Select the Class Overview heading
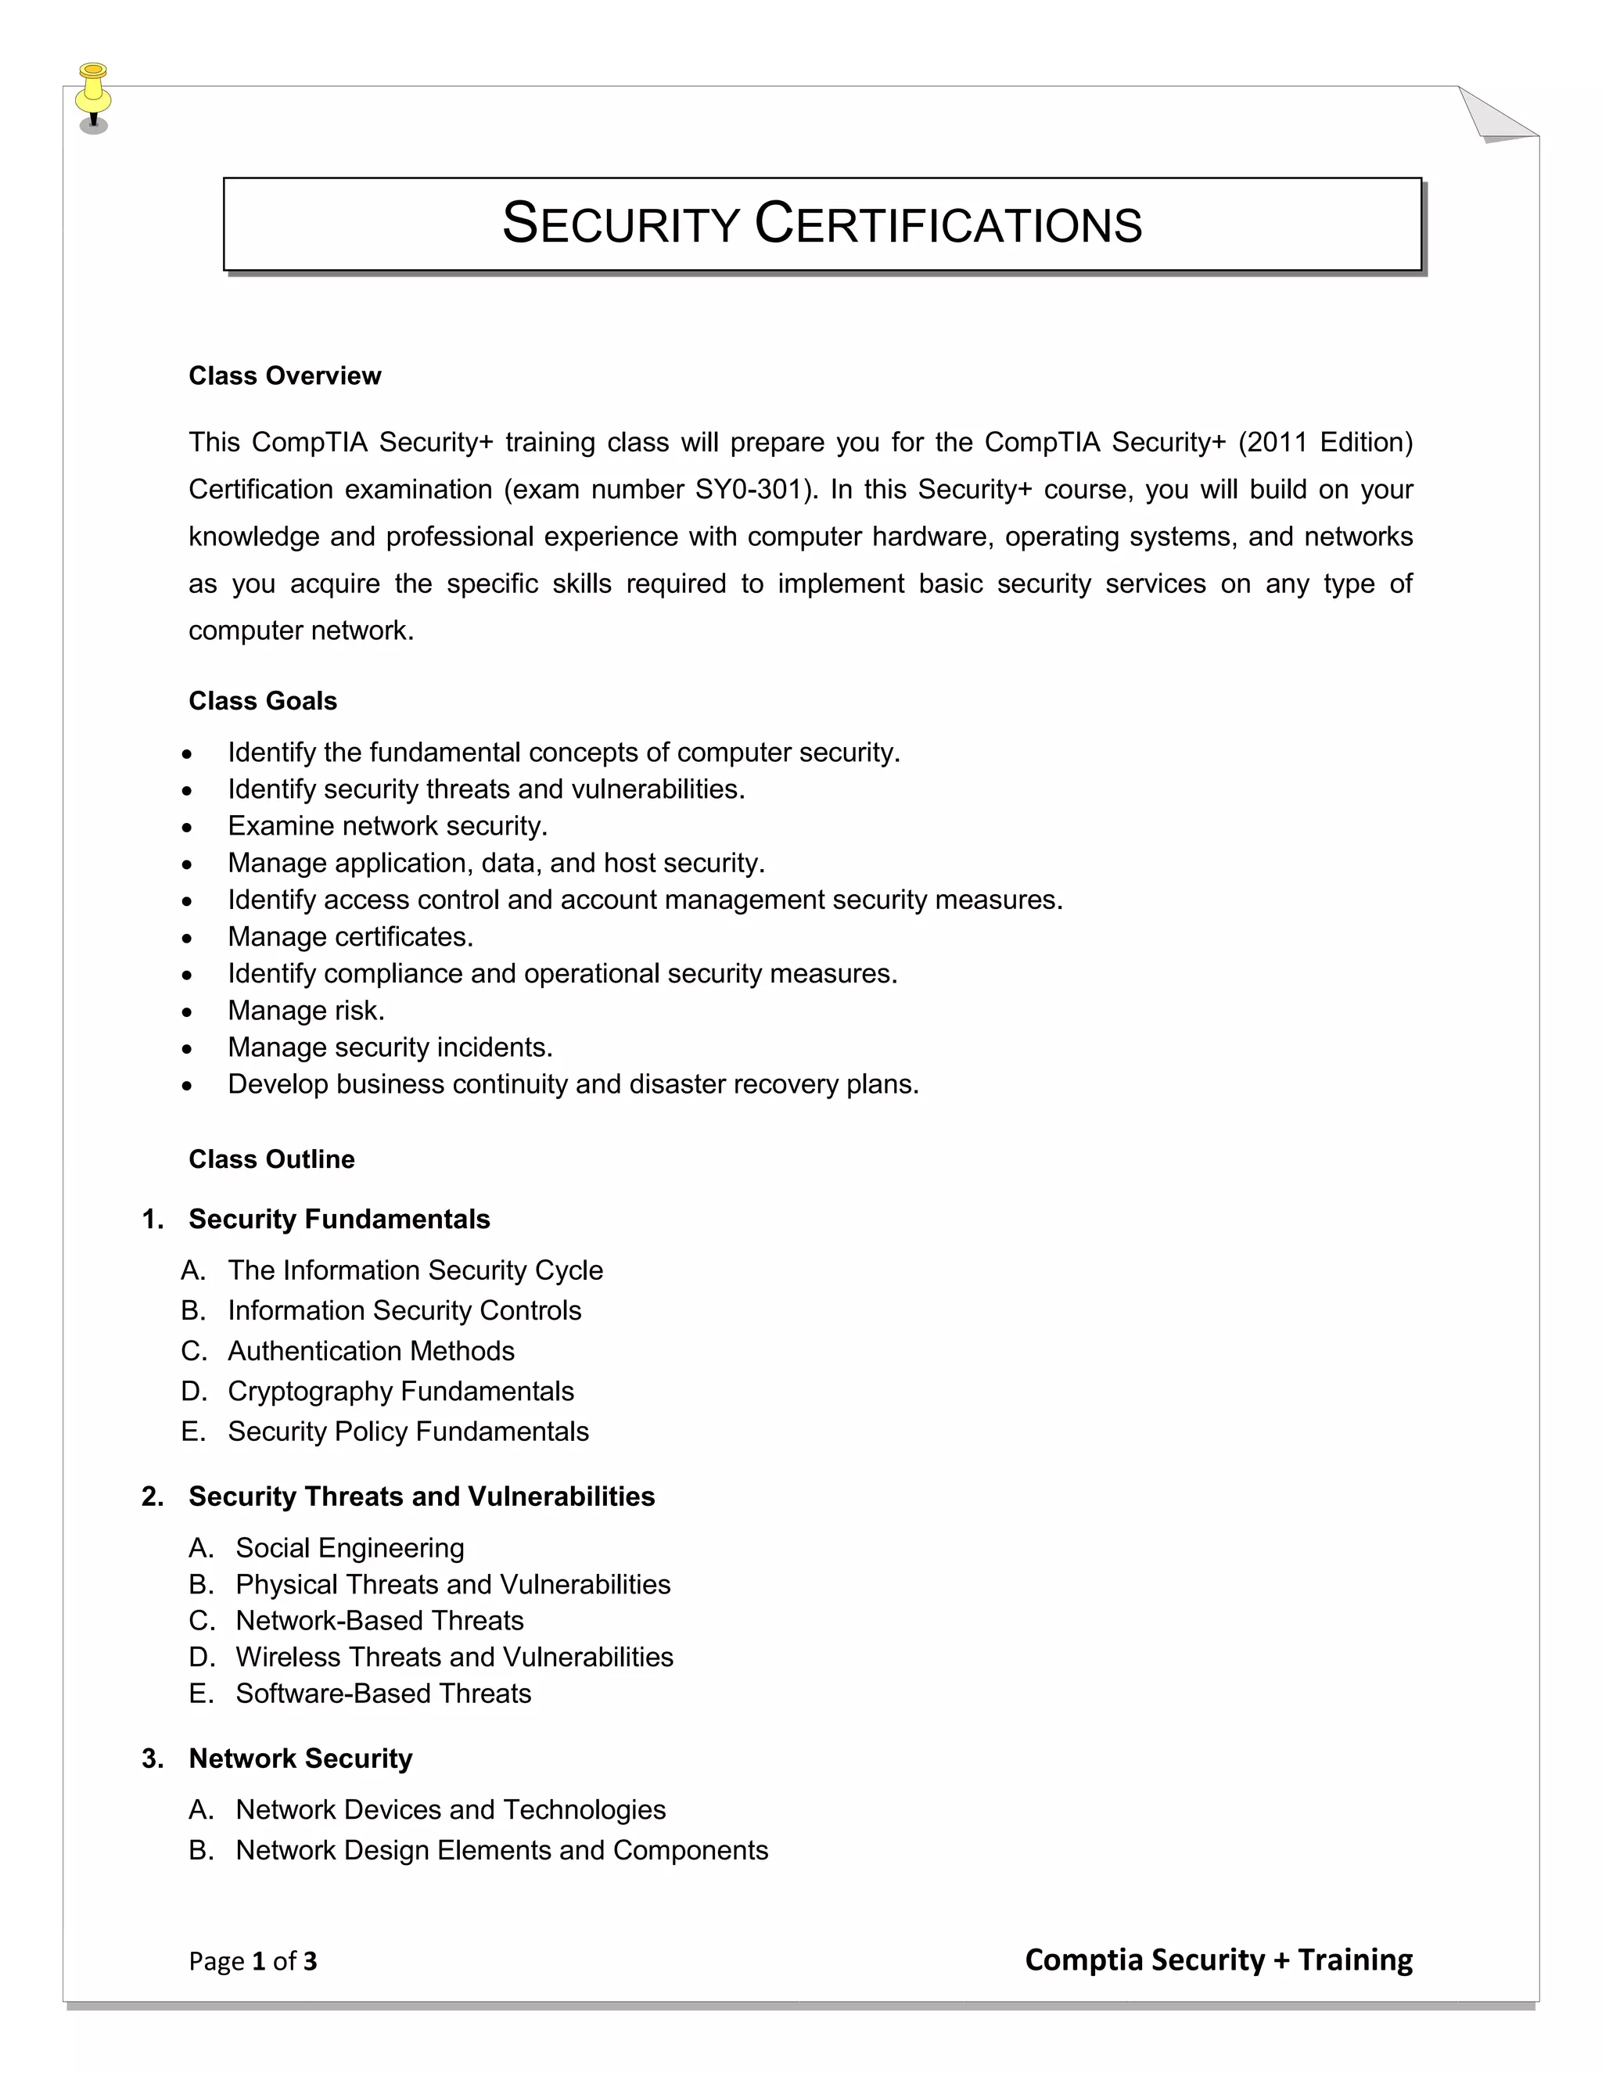click(x=285, y=375)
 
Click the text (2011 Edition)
click(x=1325, y=442)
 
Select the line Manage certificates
click(x=350, y=937)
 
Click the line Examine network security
click(x=387, y=826)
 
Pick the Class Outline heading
click(x=271, y=1159)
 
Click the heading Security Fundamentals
click(x=339, y=1219)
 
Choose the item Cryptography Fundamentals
click(x=400, y=1392)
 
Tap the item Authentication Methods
click(x=371, y=1351)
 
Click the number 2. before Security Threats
click(x=153, y=1496)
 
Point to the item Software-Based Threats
click(x=383, y=1694)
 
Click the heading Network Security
click(x=301, y=1759)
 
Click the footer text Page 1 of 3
click(x=253, y=1961)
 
